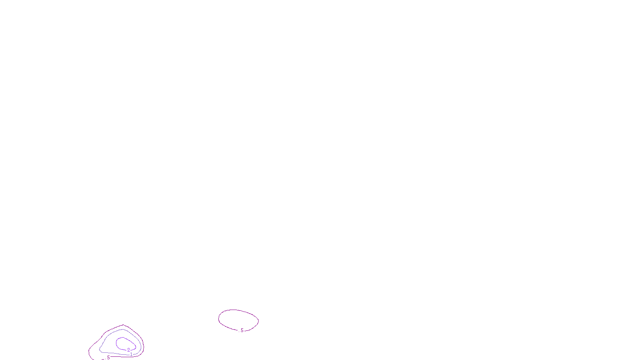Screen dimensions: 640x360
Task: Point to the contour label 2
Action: point(128,350)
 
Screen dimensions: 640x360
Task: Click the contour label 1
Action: point(131,354)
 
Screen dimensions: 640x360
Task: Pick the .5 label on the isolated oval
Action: point(242,330)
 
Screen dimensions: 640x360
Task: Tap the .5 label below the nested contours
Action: point(108,357)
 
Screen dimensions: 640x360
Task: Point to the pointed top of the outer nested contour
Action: point(123,325)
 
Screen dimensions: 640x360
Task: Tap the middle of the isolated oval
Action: point(238,320)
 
